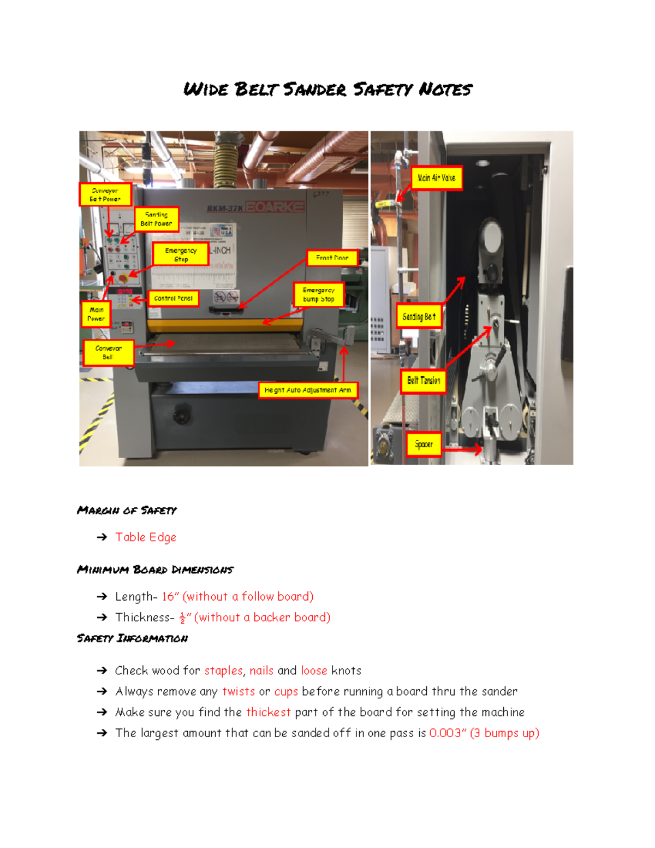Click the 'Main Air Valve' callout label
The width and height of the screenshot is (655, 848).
[x=436, y=178]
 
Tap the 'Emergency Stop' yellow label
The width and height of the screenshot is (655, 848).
[x=181, y=254]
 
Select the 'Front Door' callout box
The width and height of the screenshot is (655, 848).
[x=332, y=258]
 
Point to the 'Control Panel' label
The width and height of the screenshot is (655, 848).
[x=173, y=298]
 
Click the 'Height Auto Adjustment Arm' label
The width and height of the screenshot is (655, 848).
[x=308, y=390]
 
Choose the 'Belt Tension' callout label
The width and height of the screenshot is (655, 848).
[x=424, y=381]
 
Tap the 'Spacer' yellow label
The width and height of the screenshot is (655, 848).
[x=424, y=444]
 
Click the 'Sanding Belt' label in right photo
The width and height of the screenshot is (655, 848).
[x=419, y=317]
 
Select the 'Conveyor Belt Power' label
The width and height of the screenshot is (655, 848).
[x=105, y=195]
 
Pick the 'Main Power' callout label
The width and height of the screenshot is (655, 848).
[x=96, y=314]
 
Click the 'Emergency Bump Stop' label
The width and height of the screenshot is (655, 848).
[x=319, y=295]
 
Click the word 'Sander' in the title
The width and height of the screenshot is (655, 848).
[x=314, y=90]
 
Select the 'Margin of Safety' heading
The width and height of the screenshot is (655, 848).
[x=127, y=511]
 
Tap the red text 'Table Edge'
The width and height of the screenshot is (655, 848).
[x=146, y=537]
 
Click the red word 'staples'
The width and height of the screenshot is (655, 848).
[x=223, y=671]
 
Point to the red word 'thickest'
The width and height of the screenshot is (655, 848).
[x=268, y=712]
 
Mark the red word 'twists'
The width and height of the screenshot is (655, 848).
[x=239, y=691]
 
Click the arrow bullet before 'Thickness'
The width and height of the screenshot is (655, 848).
[x=102, y=618]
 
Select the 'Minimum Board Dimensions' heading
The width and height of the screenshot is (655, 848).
[x=155, y=570]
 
